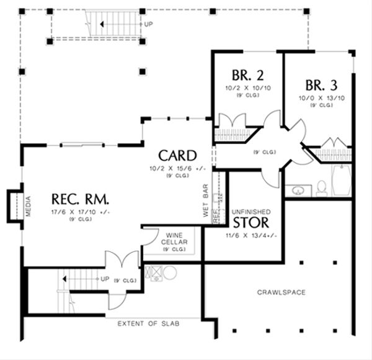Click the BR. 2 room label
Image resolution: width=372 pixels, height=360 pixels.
point(247,76)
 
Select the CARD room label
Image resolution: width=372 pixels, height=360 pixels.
point(177,155)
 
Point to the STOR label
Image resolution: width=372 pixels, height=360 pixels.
point(252,223)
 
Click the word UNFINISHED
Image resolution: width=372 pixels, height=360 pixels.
point(252,210)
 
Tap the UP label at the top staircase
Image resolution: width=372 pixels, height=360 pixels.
point(148,24)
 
